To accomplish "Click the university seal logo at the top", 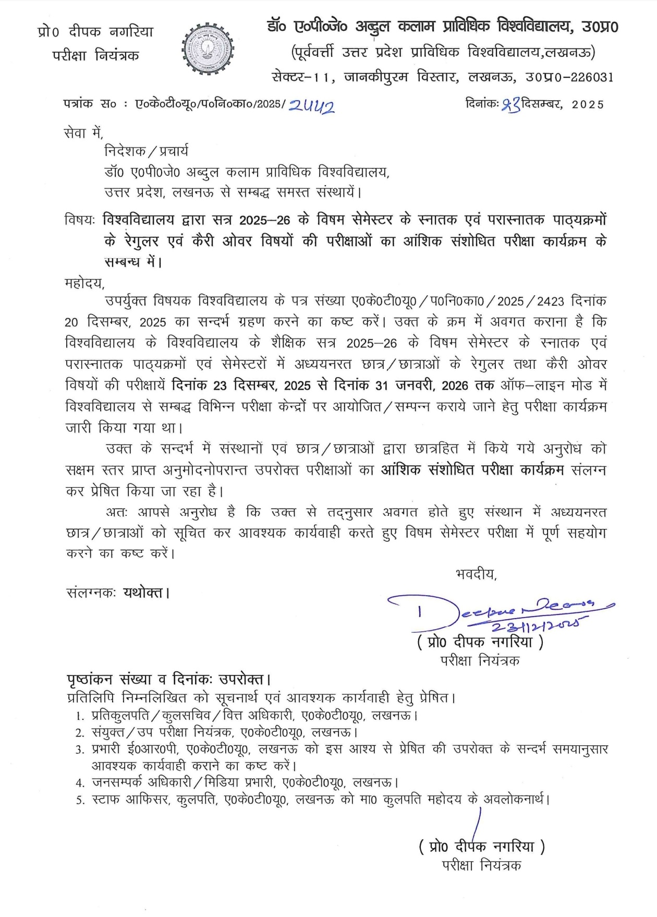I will point(208,51).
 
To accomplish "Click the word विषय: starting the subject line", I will point(79,220).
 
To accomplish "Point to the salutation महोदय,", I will point(84,283).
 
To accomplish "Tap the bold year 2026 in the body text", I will point(455,385).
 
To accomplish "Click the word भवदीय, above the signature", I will point(476,574).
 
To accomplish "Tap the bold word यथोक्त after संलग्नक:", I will point(143,593).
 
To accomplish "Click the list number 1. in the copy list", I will point(80,716).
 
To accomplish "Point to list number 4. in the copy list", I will point(80,783).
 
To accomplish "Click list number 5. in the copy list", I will point(80,800).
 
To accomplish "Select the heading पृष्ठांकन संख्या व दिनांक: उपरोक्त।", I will point(169,679).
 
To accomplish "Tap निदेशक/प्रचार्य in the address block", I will point(147,151).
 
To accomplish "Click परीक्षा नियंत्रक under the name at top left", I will point(95,55).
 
